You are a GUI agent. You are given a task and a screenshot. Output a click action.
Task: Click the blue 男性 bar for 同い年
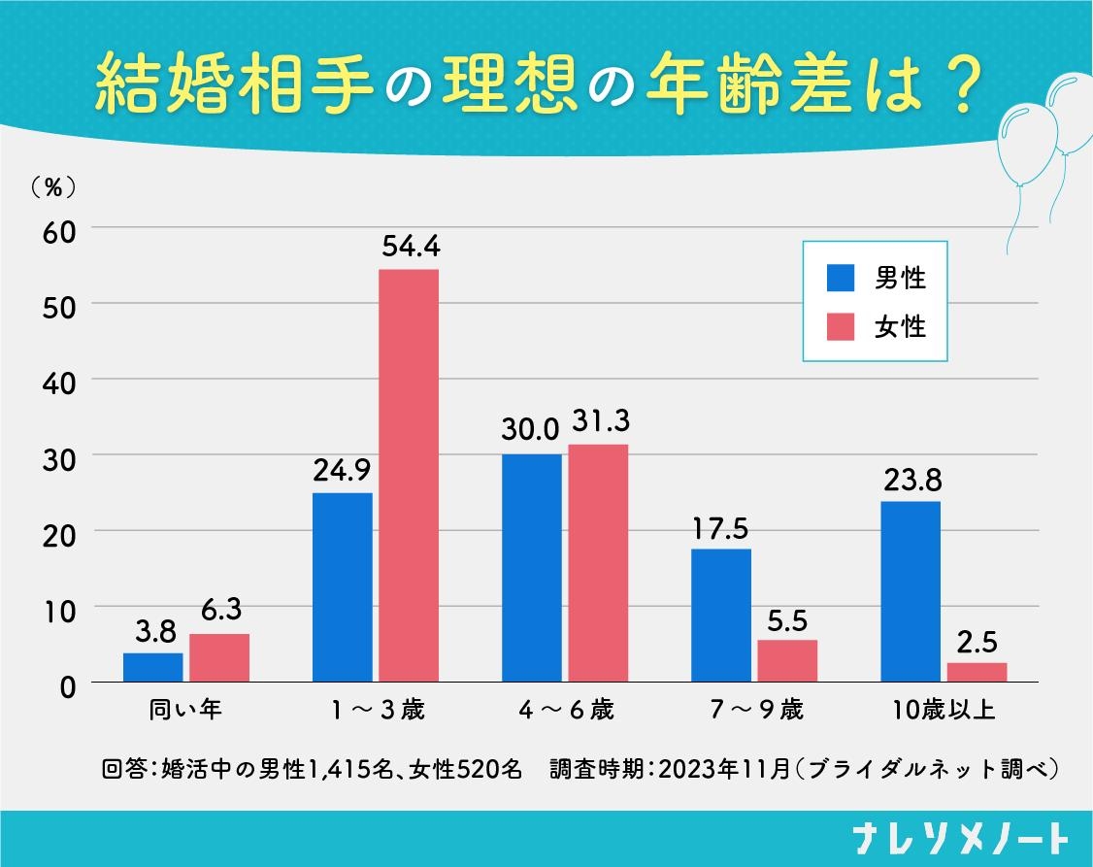(153, 668)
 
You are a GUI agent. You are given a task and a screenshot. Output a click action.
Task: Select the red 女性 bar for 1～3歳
(409, 476)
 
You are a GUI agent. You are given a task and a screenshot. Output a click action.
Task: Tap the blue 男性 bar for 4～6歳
(532, 568)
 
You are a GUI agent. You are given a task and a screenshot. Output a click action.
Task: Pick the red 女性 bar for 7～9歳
(787, 661)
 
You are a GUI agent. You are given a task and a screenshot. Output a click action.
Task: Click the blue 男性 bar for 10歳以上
(911, 591)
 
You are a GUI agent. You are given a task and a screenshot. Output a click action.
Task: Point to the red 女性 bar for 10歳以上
(977, 672)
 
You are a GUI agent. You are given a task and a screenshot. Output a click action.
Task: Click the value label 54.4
(409, 248)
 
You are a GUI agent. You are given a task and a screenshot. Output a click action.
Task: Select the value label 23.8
(911, 480)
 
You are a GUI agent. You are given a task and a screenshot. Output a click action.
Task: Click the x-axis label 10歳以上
(944, 710)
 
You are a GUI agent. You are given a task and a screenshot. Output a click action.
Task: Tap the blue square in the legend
(840, 279)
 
